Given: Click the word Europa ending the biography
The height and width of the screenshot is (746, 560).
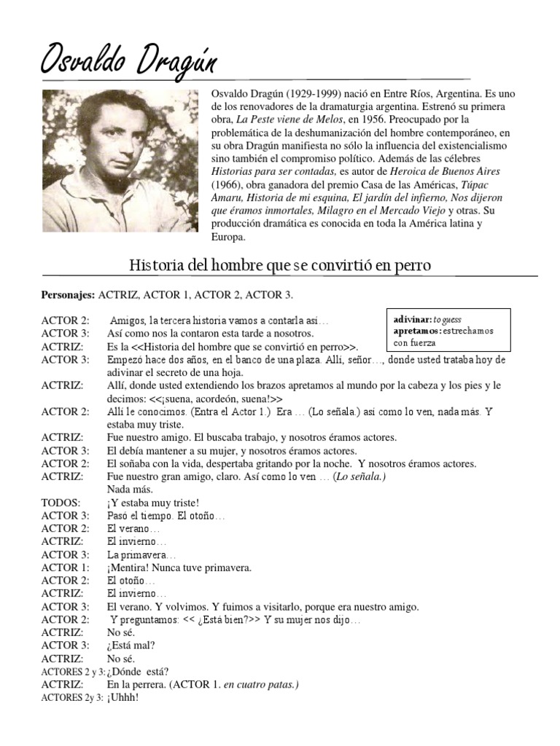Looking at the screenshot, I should point(230,237).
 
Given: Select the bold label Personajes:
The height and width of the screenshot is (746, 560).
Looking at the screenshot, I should point(68,294).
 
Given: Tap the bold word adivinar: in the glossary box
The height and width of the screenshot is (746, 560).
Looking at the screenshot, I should point(412,320).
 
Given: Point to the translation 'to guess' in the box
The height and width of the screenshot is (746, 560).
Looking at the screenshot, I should point(448,320).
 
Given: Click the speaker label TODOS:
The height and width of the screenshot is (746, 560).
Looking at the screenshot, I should point(61,502).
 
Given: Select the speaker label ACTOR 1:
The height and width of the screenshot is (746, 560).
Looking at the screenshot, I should point(66,568).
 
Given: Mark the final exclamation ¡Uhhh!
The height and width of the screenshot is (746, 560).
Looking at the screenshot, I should point(122,697).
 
